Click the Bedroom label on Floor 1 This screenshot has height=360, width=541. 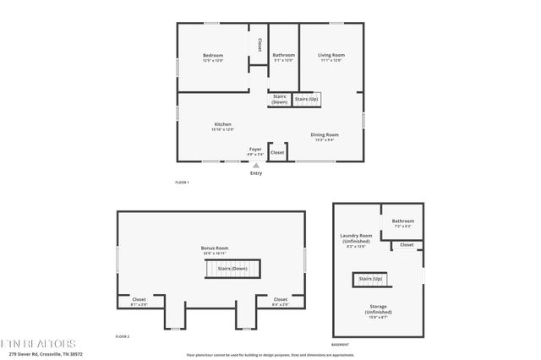tap(212, 57)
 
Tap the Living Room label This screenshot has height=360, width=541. tap(331, 57)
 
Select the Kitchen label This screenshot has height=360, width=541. tap(223, 127)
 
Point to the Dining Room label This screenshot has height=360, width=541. tap(325, 137)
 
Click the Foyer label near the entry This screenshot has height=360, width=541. tap(255, 153)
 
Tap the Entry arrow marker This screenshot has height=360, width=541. tap(256, 166)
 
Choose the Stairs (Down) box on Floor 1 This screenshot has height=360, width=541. tap(280, 99)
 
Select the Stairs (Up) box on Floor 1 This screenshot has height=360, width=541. tap(308, 99)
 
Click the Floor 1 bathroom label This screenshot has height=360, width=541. tap(283, 57)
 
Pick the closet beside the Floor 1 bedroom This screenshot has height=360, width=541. tap(260, 44)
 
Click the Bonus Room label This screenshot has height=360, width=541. tap(215, 250)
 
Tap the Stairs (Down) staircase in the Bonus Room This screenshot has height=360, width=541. tap(232, 269)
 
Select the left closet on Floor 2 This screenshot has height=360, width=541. tap(139, 301)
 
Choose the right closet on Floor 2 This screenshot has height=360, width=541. tap(280, 301)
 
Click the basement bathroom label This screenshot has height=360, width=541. tap(402, 223)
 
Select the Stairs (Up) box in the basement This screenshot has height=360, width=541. tap(370, 279)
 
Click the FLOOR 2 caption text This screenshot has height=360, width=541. tap(122, 336)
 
